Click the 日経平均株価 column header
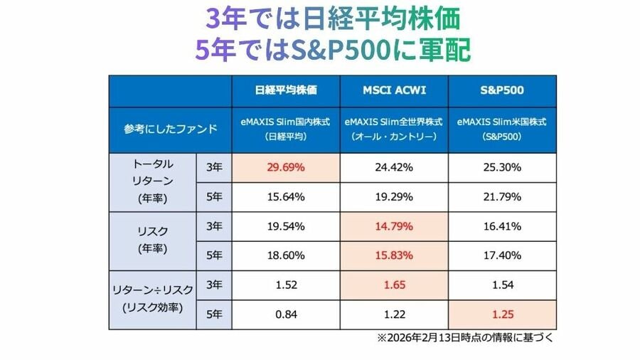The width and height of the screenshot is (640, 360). pos(285,90)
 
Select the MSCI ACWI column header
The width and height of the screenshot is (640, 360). pos(393,90)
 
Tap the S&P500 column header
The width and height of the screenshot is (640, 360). pos(501,90)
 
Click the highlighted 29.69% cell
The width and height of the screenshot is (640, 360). pos(285,168)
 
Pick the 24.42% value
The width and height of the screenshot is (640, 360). pos(393,168)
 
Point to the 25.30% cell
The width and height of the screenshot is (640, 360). pos(501,168)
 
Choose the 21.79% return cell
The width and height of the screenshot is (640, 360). pos(501,197)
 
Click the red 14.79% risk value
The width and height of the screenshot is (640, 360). pos(393,226)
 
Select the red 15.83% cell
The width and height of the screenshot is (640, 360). pos(393,255)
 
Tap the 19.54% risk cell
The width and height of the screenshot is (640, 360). pos(285,226)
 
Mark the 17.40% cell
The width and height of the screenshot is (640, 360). pos(501,255)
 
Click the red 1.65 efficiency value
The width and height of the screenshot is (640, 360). pos(393,285)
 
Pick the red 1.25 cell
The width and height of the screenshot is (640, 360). pos(501,314)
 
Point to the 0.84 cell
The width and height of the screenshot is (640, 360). pos(285,314)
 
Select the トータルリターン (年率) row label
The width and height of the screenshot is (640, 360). pos(152,181)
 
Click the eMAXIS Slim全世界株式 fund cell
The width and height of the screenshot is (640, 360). pos(393,129)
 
